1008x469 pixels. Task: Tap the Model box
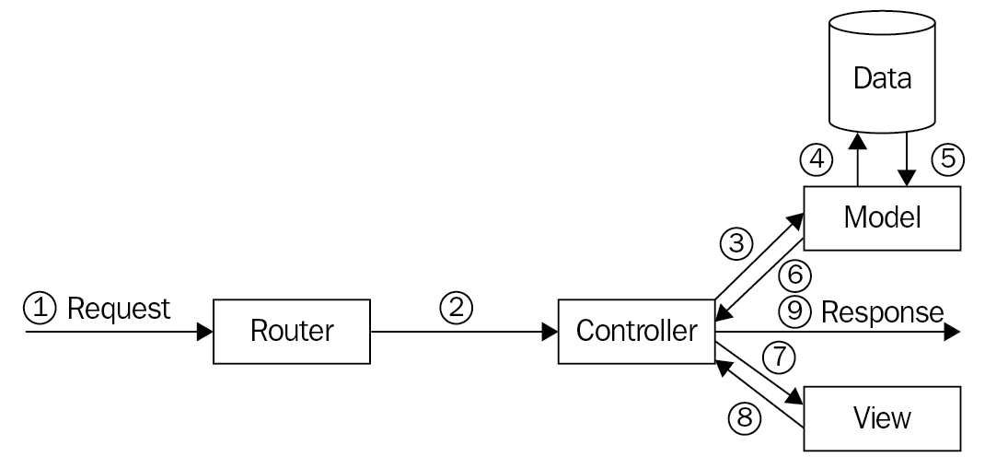(883, 218)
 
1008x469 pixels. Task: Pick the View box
(883, 418)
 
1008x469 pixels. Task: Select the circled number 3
(736, 243)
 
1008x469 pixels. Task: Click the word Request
(120, 310)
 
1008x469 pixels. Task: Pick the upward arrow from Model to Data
(857, 161)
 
